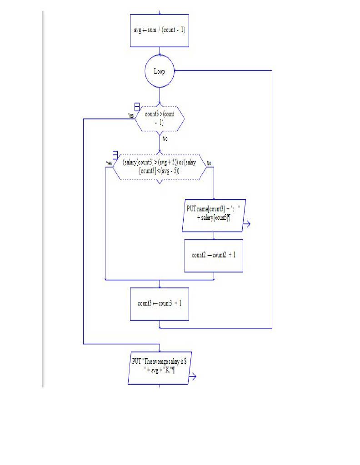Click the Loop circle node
pos(160,72)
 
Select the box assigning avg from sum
pos(159,30)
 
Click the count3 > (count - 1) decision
pos(160,119)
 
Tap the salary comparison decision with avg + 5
pos(160,167)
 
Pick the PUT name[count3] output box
pos(214,215)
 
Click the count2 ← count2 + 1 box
pos(214,256)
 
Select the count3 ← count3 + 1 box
pos(160,304)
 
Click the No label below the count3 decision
pos(165,139)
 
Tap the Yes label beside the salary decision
pos(109,163)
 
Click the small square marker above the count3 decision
pos(137,108)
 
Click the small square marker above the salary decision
pos(115,155)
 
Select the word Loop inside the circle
pos(160,72)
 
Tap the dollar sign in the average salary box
pos(185,361)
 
